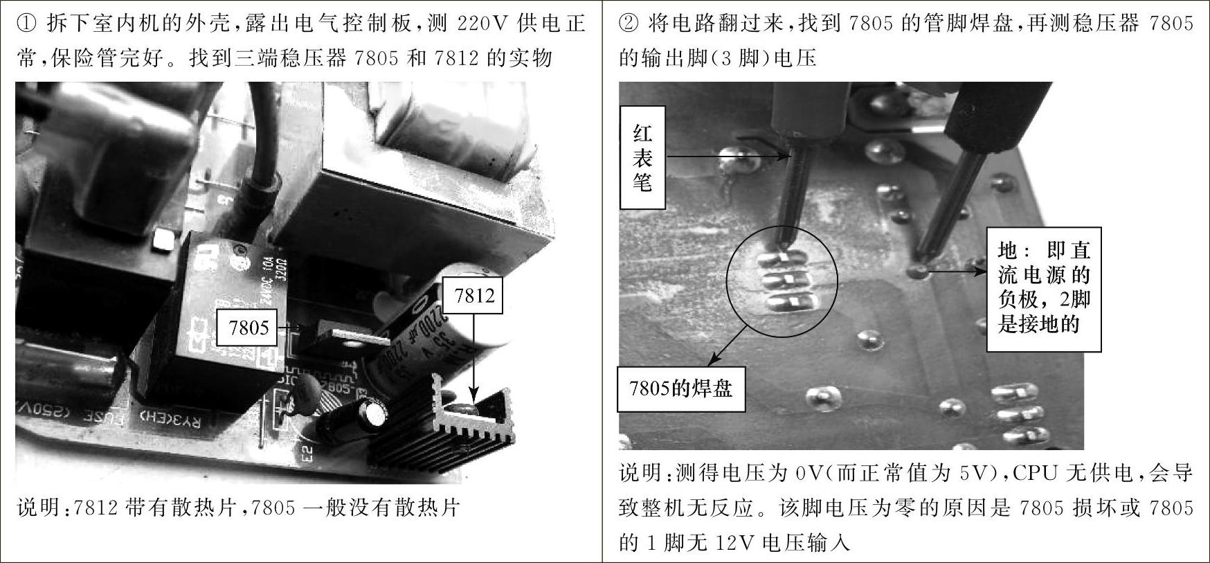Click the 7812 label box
pyautogui.click(x=474, y=296)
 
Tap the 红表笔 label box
pyautogui.click(x=642, y=157)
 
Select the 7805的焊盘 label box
pyautogui.click(x=681, y=388)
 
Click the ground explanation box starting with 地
pyautogui.click(x=1044, y=289)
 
